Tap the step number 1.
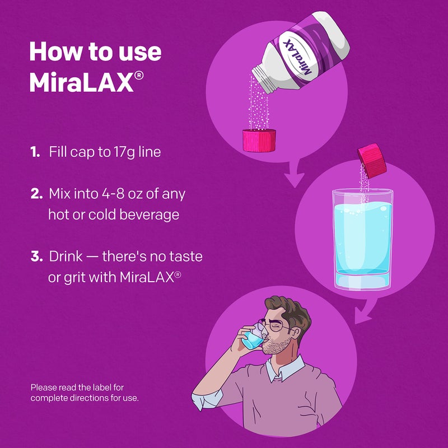click(34, 152)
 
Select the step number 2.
click(35, 194)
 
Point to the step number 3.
click(36, 257)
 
